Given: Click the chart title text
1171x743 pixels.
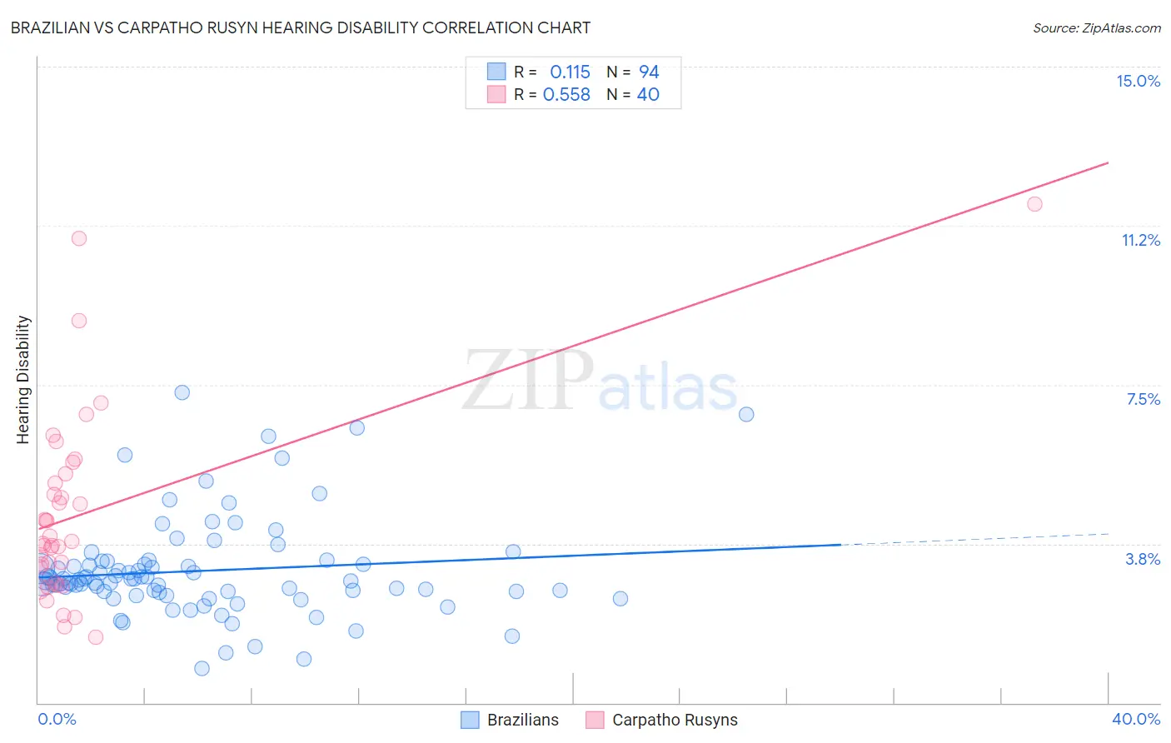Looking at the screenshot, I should tap(301, 27).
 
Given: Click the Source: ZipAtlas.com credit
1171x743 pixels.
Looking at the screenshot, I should tap(1096, 27).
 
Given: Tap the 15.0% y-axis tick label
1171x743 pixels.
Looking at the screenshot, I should tap(1138, 81).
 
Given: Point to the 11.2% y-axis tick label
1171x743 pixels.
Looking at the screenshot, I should tap(1140, 240).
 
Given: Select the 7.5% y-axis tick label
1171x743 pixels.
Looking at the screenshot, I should tap(1143, 399).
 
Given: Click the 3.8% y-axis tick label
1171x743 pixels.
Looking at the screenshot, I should tap(1143, 559).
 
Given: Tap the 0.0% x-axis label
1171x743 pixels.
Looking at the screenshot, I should tap(57, 719).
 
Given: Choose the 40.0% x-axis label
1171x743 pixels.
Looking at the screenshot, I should tap(1135, 719).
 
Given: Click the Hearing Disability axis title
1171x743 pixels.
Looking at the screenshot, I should tap(23, 379).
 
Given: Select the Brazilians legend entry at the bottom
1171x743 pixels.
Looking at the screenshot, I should tap(510, 720).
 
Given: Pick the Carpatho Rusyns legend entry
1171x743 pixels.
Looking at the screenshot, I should tap(662, 720).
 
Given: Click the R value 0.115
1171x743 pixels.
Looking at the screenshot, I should tap(570, 72).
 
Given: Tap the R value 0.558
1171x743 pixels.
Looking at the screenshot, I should tap(566, 95).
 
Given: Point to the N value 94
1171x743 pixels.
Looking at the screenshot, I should tap(649, 72).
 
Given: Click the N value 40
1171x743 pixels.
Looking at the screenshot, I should tap(648, 95).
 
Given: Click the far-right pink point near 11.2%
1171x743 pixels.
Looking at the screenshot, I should tap(1034, 204).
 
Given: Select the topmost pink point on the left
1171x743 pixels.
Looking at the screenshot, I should tap(79, 238).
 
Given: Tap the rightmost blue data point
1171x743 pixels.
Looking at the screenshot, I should tap(746, 414).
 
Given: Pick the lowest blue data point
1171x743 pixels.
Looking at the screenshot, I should tap(202, 668).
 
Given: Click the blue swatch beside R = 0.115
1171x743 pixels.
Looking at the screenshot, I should tap(496, 72).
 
